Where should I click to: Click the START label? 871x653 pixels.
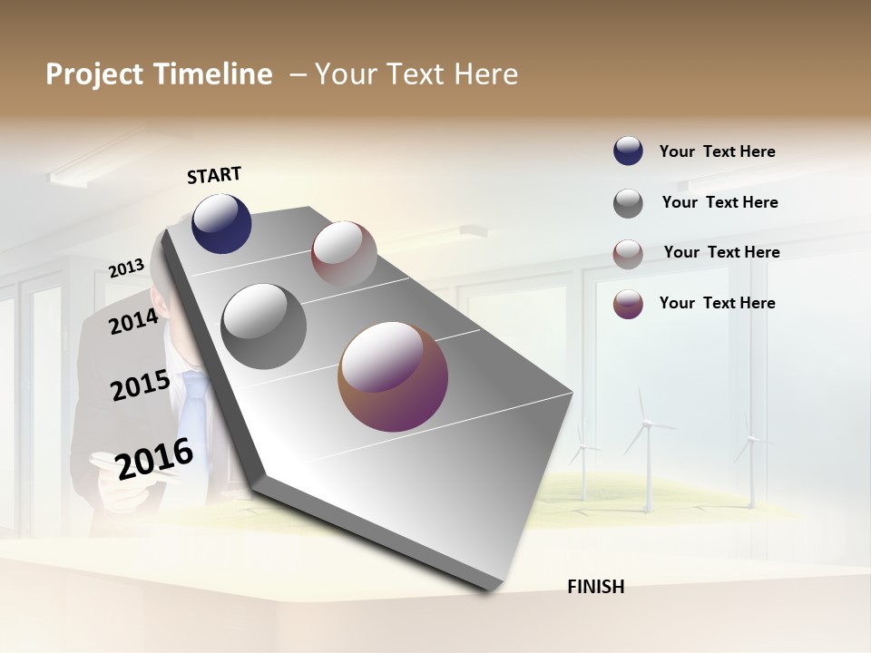[214, 175]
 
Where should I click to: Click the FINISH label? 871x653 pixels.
[596, 587]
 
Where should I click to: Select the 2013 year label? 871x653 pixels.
[126, 268]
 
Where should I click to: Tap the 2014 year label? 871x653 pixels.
[133, 321]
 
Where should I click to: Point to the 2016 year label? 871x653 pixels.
[154, 459]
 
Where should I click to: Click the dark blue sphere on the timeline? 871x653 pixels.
[221, 223]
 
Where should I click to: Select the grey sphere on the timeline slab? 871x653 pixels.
[263, 326]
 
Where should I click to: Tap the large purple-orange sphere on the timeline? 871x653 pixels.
[393, 376]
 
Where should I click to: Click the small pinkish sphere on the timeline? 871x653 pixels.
[344, 254]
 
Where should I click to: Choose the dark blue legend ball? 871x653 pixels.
[628, 151]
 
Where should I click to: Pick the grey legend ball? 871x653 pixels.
[628, 203]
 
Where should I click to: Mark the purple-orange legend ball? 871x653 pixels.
[628, 304]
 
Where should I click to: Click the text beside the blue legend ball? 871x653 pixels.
[717, 152]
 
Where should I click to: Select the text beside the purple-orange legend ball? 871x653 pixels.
[717, 303]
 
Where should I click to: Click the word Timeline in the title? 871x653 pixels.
[213, 74]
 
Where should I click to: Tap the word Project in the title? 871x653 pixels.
[93, 74]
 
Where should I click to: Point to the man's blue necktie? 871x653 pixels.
[192, 408]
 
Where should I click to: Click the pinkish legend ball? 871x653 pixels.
[628, 254]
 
